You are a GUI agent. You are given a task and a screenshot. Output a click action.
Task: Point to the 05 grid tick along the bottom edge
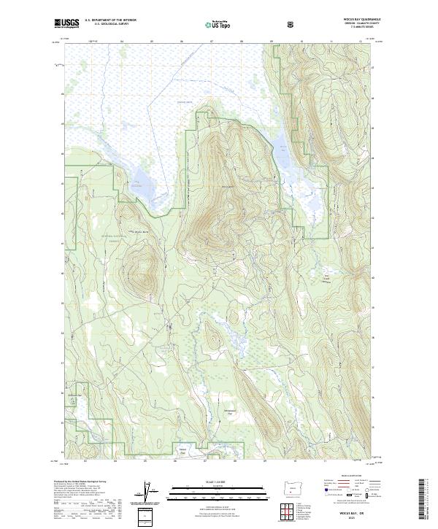click(x=145, y=461)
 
